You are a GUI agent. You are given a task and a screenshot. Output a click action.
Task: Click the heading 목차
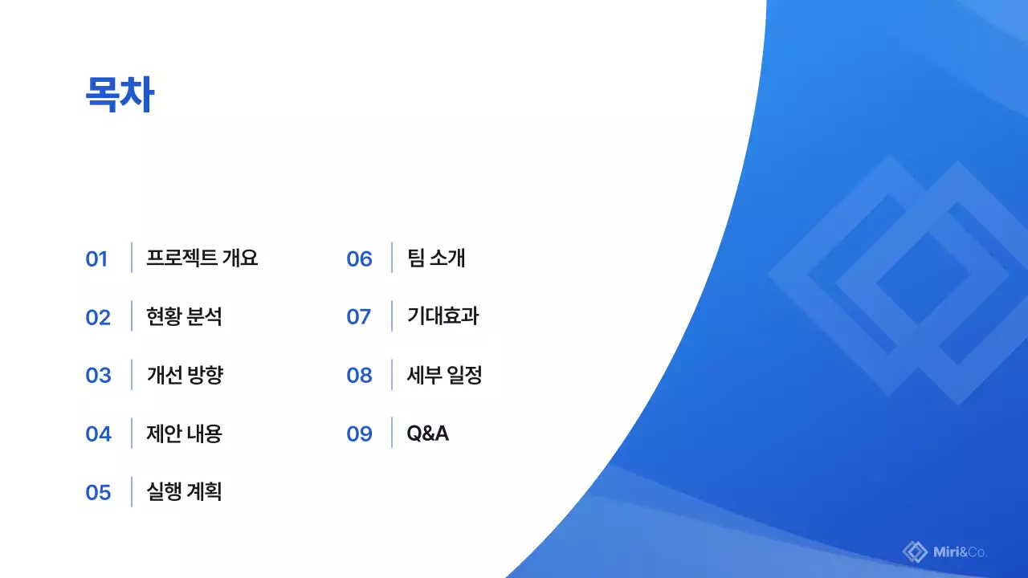tap(120, 96)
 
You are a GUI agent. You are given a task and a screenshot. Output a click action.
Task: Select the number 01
tap(96, 258)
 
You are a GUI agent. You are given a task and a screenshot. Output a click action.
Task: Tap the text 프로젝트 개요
tap(202, 258)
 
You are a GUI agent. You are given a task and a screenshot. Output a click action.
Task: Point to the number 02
tap(98, 317)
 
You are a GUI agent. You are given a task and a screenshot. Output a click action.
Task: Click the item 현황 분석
tap(184, 316)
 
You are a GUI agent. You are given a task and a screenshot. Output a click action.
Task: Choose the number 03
tap(98, 376)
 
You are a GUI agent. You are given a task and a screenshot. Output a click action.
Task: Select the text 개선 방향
tap(184, 375)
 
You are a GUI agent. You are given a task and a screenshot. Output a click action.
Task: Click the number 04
tap(98, 434)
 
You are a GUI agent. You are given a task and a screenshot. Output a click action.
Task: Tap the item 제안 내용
tap(184, 433)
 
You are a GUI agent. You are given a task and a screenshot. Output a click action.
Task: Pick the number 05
tap(98, 492)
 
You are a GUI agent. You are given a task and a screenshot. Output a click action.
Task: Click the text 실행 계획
tap(184, 491)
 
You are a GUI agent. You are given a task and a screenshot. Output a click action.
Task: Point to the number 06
tap(359, 258)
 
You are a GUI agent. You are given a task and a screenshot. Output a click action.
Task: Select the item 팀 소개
tap(436, 258)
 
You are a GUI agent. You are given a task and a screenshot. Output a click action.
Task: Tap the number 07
tap(358, 317)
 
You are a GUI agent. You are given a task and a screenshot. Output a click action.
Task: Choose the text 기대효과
tap(443, 316)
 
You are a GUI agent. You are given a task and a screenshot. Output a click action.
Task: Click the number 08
tap(359, 376)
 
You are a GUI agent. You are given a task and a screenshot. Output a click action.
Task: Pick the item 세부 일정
tap(444, 375)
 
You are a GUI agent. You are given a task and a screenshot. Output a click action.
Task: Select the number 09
tap(359, 434)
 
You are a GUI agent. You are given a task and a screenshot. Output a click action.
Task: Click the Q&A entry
tap(427, 433)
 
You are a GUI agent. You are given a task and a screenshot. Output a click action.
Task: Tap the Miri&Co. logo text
tap(961, 552)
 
